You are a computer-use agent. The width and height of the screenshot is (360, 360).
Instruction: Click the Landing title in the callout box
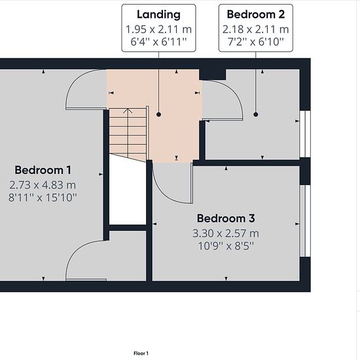tap(158, 14)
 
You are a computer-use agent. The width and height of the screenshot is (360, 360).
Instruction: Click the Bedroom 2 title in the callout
tap(256, 14)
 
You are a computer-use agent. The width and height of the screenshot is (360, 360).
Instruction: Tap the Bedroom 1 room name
tap(43, 170)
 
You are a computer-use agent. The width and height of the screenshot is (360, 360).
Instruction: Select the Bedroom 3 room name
tap(226, 219)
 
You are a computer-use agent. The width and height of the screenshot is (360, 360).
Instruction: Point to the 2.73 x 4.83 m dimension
tap(43, 185)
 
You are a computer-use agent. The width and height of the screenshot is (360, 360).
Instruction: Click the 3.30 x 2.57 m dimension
tap(226, 234)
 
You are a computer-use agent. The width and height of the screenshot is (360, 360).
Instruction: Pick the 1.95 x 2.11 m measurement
tap(158, 29)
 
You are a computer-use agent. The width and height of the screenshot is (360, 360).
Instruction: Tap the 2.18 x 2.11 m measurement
tap(256, 29)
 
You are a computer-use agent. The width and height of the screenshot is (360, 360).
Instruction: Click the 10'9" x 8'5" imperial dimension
tap(226, 246)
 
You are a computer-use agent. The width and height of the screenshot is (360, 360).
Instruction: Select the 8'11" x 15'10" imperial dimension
tap(43, 198)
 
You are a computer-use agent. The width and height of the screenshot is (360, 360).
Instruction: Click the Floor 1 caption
tap(141, 353)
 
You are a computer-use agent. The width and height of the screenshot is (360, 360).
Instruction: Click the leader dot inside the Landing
tap(158, 115)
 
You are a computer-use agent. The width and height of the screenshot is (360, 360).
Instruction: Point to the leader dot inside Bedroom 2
tap(256, 115)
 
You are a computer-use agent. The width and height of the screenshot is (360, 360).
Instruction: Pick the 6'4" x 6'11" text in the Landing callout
tap(158, 42)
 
